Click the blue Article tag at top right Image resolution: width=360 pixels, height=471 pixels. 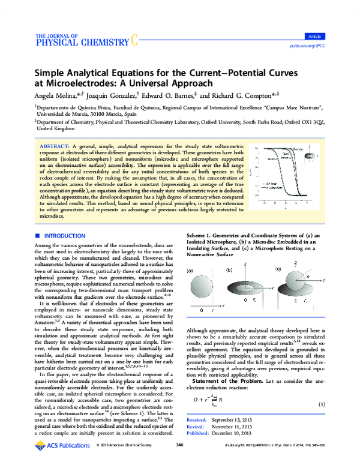[x=331, y=36]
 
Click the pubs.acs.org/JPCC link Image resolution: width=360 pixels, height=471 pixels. [x=325, y=45]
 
